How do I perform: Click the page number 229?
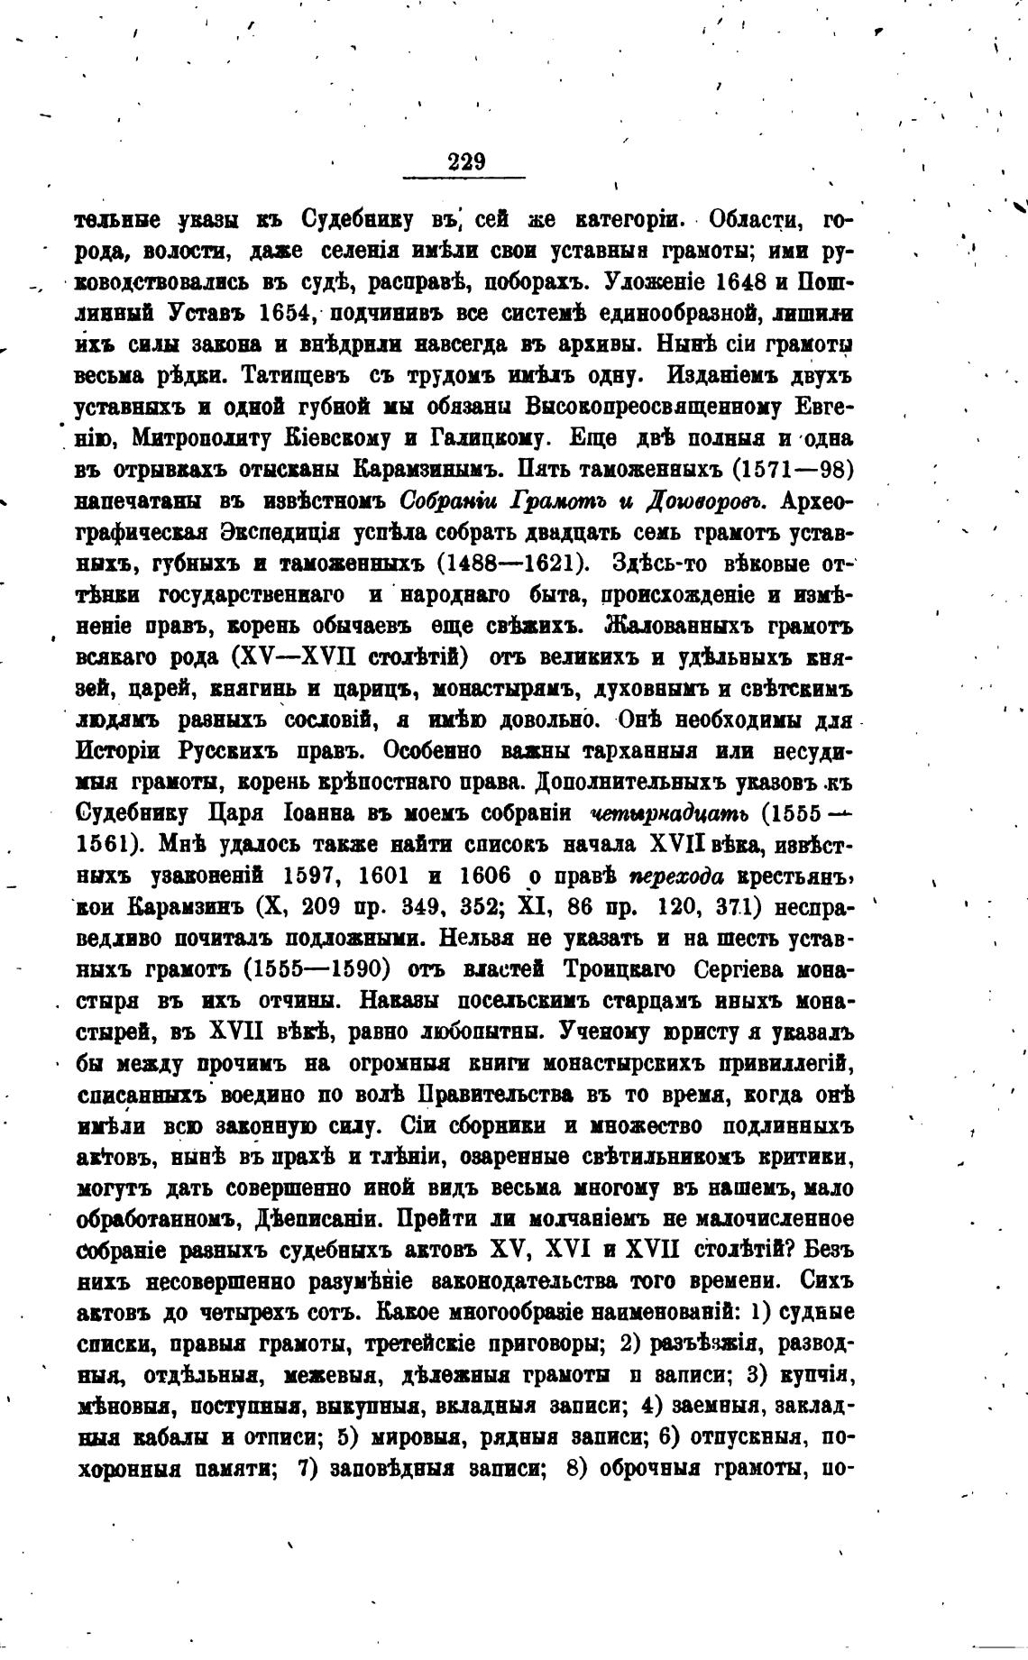[x=466, y=162]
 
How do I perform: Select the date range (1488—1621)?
[x=512, y=564]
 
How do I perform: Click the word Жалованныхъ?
[x=684, y=626]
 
